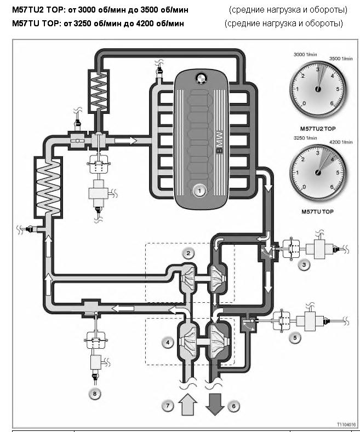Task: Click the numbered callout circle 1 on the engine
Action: (199, 191)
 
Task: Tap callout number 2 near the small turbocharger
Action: (188, 253)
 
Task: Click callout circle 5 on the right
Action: (296, 338)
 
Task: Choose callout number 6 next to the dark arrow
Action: (234, 406)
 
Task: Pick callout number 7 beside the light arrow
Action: (168, 406)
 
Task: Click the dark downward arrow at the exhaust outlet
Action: (214, 403)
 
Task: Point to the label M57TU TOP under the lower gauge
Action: (318, 211)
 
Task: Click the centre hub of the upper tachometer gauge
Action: (317, 88)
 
